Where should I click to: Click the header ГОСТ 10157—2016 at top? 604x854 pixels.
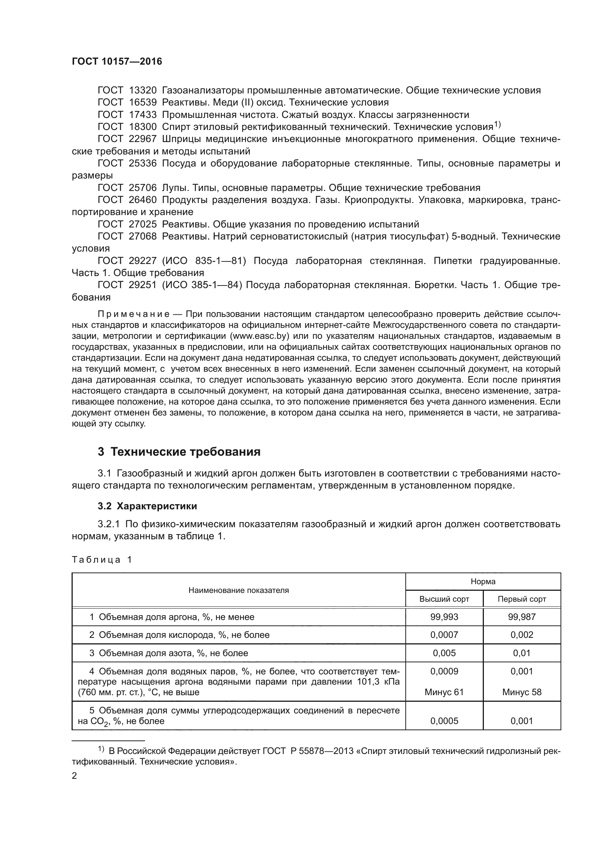[117, 62]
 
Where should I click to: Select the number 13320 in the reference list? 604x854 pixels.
[143, 91]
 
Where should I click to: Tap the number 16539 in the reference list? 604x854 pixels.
[143, 103]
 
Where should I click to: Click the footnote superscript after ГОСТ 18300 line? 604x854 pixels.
[497, 125]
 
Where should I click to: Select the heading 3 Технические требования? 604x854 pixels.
[179, 452]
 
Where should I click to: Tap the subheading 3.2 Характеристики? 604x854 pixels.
[147, 506]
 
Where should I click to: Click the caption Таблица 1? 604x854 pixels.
[102, 560]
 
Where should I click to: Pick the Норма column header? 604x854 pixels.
[483, 582]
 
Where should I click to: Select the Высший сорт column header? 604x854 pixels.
[444, 599]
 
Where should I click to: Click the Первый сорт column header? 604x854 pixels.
[522, 599]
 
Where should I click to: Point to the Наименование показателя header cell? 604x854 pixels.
[238, 590]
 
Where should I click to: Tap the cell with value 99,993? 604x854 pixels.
[444, 617]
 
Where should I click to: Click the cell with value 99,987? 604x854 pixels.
[522, 617]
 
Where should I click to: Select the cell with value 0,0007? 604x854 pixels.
[444, 635]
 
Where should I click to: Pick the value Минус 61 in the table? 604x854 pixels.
[444, 692]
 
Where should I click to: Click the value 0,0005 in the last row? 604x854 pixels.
[444, 721]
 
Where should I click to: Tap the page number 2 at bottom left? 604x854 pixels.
[74, 776]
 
